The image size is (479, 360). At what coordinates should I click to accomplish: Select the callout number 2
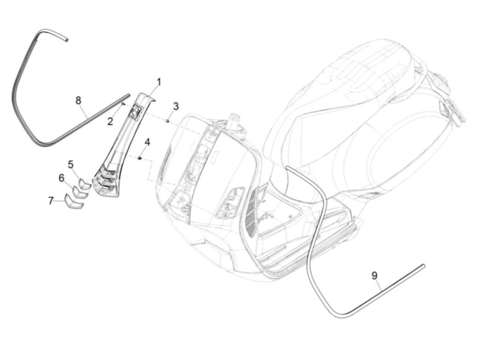[110, 121]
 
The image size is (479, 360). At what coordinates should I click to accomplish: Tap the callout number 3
[175, 106]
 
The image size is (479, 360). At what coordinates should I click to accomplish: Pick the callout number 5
[70, 165]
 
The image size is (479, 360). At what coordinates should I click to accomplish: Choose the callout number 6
[62, 178]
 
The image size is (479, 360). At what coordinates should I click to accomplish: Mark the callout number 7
[51, 201]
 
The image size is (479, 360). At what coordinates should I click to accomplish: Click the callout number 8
[78, 101]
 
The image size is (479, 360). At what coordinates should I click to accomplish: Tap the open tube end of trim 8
[66, 40]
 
